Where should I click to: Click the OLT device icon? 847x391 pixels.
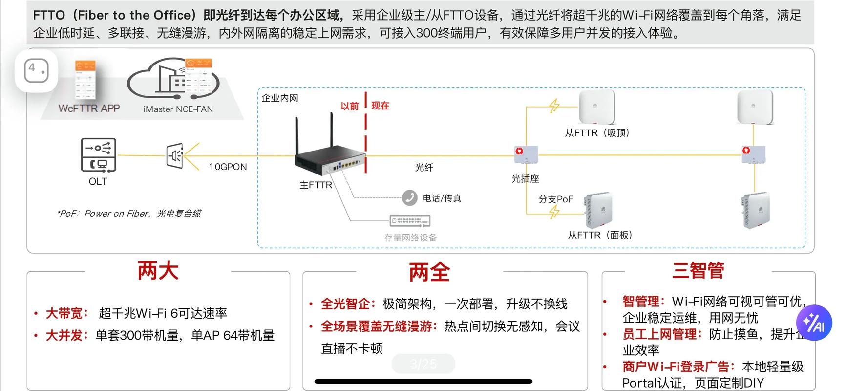point(98,155)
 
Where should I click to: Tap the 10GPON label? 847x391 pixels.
point(228,167)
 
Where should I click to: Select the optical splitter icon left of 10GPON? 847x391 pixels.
point(175,156)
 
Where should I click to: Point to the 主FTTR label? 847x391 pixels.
point(316,185)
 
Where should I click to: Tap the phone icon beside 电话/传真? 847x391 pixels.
point(409,197)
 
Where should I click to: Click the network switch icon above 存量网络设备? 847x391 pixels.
point(410,221)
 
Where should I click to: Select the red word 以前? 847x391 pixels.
point(349,106)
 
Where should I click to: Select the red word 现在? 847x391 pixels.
point(380,106)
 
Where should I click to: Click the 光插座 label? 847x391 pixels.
point(525,179)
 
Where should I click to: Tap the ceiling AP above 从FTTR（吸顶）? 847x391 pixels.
point(596,107)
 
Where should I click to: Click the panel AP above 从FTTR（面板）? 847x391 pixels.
point(598,210)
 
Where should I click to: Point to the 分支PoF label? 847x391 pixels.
point(555,199)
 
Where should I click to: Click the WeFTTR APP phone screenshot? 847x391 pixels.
point(85,81)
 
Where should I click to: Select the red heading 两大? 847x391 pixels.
point(158,270)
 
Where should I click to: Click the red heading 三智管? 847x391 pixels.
point(698,270)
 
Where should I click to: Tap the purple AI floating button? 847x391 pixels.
point(814,323)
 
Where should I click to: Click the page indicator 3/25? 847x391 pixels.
point(423,364)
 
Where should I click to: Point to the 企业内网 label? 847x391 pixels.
point(280,98)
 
